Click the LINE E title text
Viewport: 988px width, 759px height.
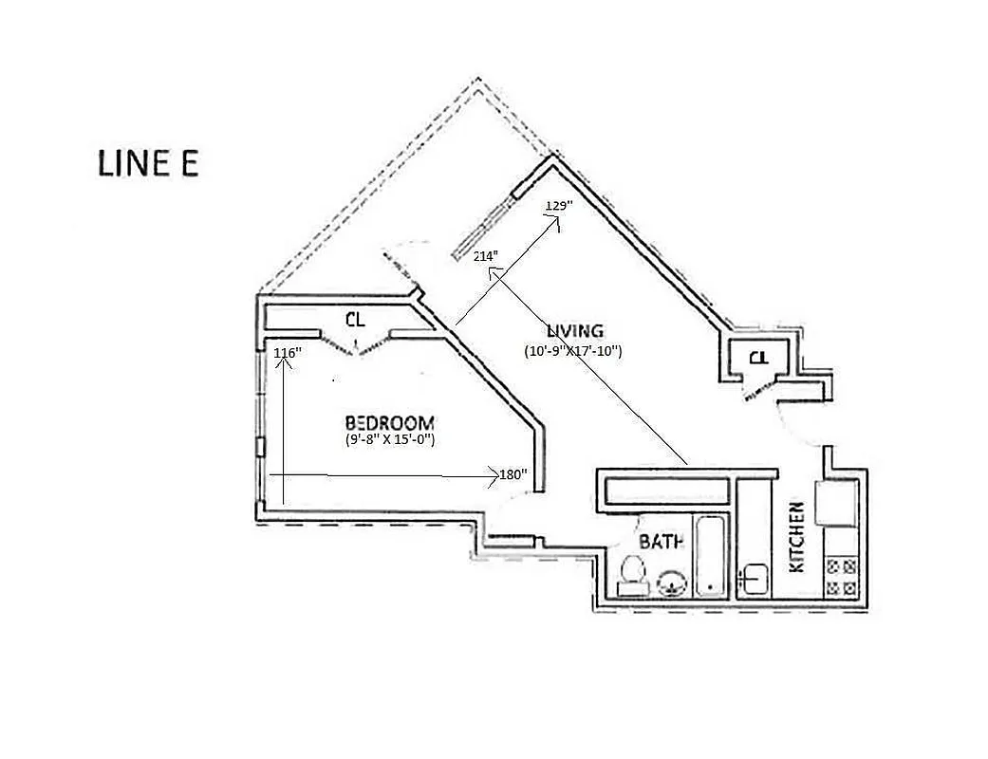148,162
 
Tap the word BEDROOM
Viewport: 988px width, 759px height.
389,422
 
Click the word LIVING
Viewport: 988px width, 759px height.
574,331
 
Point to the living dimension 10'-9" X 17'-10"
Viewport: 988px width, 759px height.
573,350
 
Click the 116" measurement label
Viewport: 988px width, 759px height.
287,353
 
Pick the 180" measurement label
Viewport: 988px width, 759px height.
513,474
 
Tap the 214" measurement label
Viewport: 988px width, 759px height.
486,255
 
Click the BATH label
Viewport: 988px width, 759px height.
662,543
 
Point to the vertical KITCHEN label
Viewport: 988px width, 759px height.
797,536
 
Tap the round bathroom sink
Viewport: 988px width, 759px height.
672,583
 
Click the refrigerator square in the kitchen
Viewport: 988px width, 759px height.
836,503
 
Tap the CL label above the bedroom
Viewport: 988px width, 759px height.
355,318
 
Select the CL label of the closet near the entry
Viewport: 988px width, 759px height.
757,358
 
